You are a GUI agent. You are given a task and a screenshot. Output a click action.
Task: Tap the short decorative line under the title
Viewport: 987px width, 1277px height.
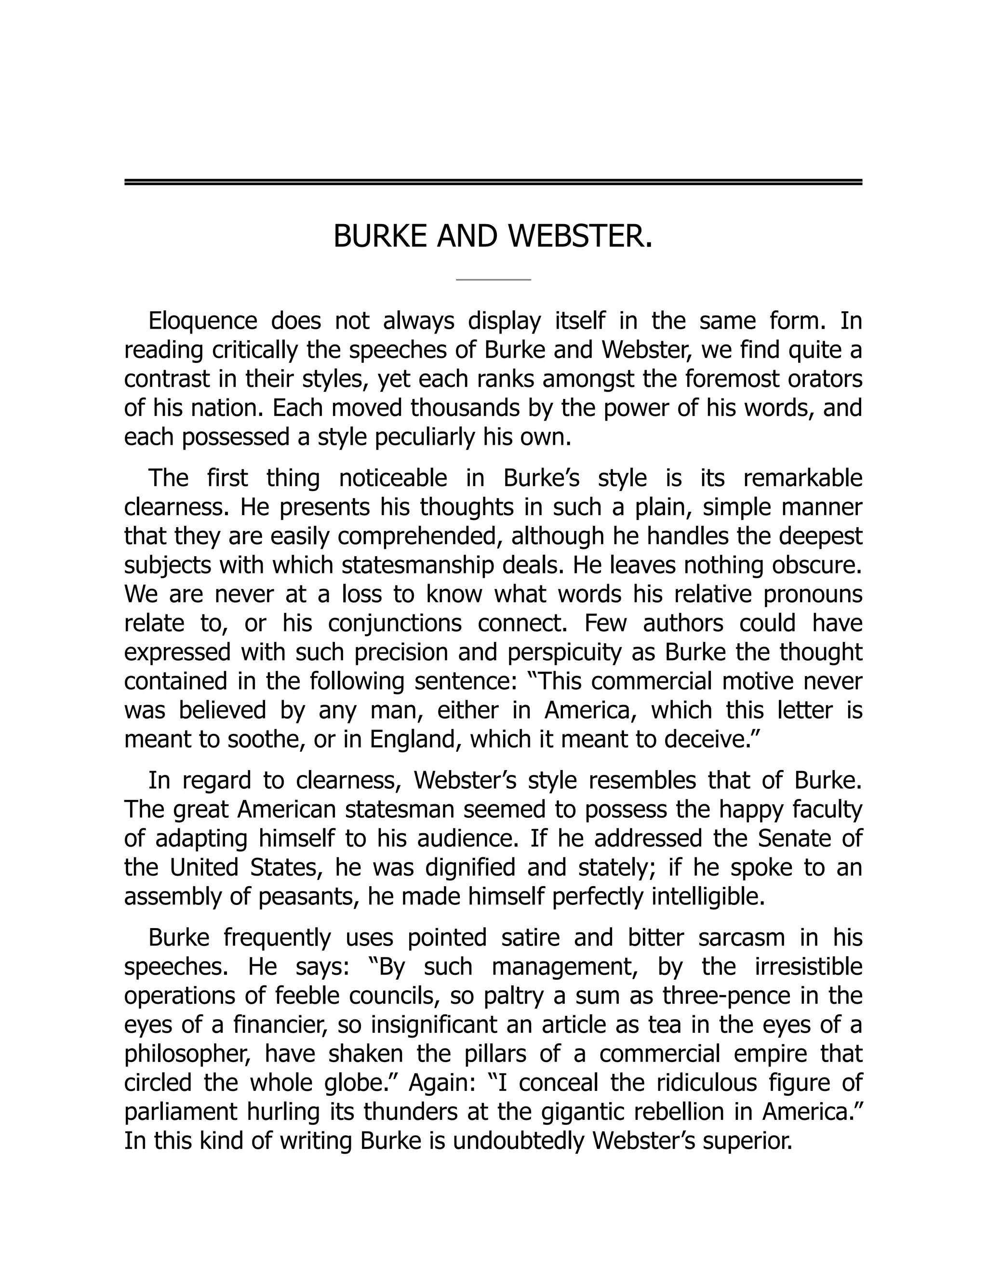click(493, 280)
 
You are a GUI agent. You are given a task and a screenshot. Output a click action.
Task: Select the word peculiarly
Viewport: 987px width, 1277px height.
click(423, 438)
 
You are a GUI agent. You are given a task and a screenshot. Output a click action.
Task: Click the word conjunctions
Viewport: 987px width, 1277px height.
click(394, 623)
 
